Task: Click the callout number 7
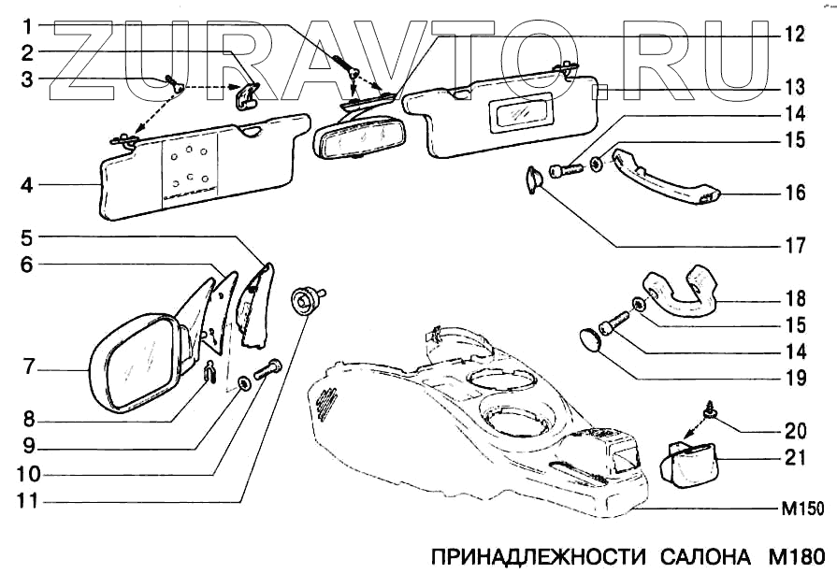(29, 368)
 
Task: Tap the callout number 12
(794, 36)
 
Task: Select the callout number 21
(794, 460)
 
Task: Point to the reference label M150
(801, 510)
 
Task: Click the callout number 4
(29, 186)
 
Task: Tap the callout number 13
(794, 88)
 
